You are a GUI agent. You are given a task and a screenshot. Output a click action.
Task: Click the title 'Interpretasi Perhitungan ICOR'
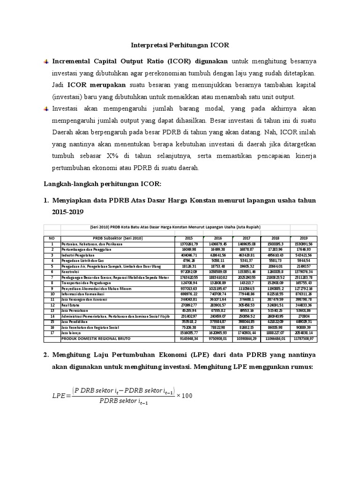pyautogui.click(x=180, y=45)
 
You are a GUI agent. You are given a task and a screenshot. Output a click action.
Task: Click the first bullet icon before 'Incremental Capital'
pyautogui.click(x=46, y=61)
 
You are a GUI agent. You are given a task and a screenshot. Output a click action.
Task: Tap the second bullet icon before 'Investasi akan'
pyautogui.click(x=46, y=109)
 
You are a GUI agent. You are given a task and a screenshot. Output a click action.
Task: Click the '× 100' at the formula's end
pyautogui.click(x=184, y=396)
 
